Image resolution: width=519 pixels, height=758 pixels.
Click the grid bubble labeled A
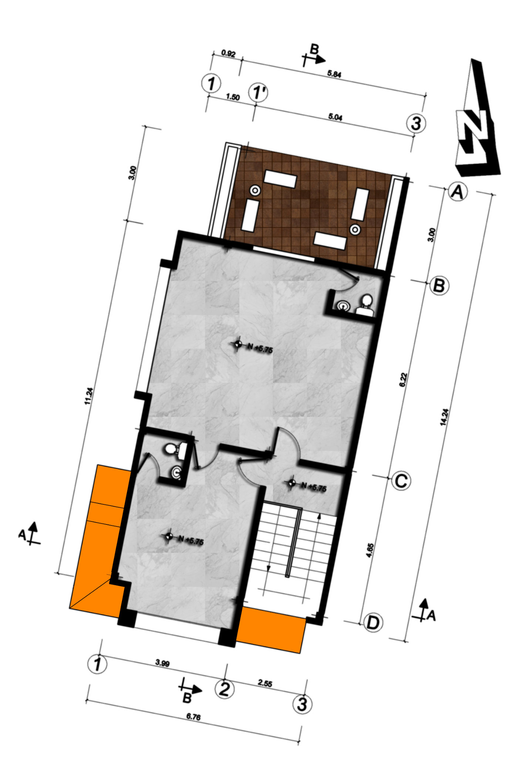point(458,192)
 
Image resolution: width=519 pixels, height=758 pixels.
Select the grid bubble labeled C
point(401,481)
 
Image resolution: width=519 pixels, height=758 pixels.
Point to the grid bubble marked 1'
point(258,92)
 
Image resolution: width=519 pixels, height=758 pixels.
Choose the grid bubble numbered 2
point(225,689)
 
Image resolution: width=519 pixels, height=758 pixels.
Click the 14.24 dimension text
point(444,417)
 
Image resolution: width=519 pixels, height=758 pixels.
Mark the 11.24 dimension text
point(88,396)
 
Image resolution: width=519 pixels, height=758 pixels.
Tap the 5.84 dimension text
point(334,74)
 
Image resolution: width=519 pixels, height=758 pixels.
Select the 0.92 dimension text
point(228,54)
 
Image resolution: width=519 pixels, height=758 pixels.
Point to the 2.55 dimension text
point(265,683)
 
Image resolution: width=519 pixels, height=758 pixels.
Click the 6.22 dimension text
point(403,380)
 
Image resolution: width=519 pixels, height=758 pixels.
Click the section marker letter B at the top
point(314,49)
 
